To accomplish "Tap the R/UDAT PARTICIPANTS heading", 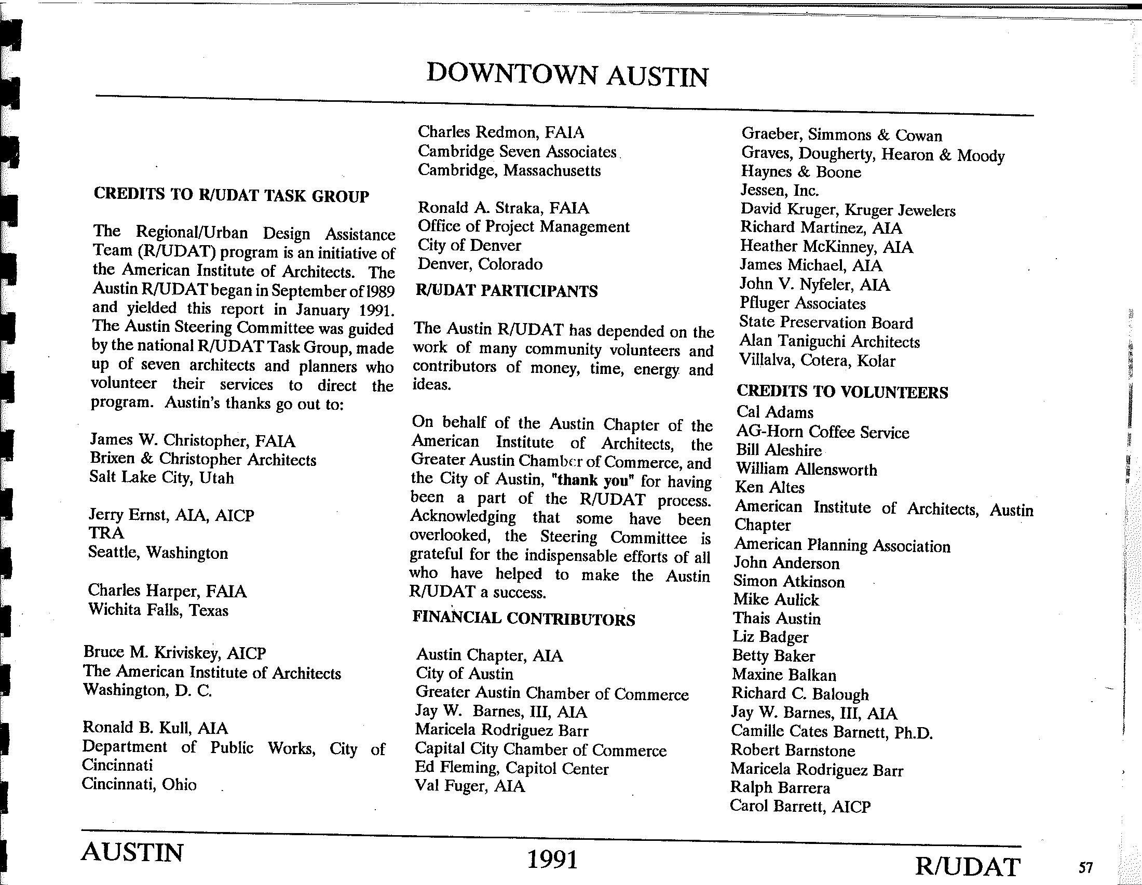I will pyautogui.click(x=507, y=291).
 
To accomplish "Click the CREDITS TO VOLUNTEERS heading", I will pyautogui.click(x=842, y=392).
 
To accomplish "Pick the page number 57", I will pyautogui.click(x=1085, y=868).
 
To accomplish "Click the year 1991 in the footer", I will pyautogui.click(x=553, y=860).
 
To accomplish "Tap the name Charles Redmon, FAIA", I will pyautogui.click(x=500, y=132).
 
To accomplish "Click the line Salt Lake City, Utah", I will pyautogui.click(x=161, y=478).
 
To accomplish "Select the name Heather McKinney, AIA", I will pyautogui.click(x=826, y=246).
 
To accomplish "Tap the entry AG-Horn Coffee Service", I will pyautogui.click(x=823, y=432).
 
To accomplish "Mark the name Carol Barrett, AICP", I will pyautogui.click(x=800, y=806).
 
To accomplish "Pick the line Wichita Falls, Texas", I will pyautogui.click(x=158, y=610).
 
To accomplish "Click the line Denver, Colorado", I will pyautogui.click(x=480, y=264).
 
